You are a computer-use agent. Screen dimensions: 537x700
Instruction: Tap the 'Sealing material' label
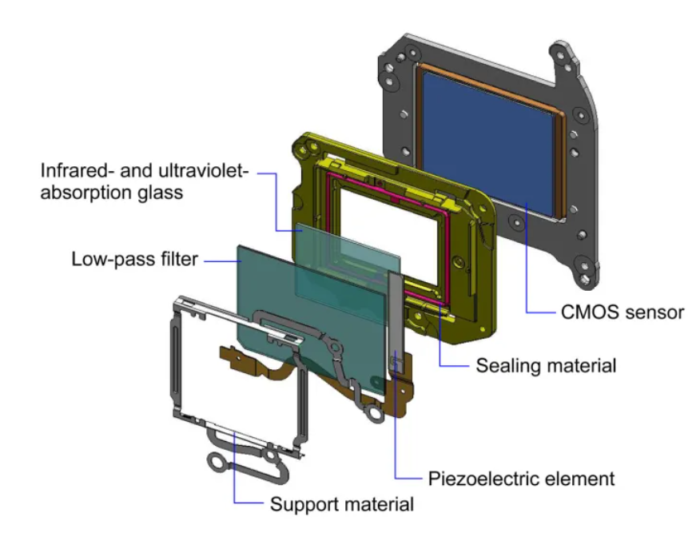point(546,366)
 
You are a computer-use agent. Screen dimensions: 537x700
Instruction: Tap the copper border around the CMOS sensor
point(560,152)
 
